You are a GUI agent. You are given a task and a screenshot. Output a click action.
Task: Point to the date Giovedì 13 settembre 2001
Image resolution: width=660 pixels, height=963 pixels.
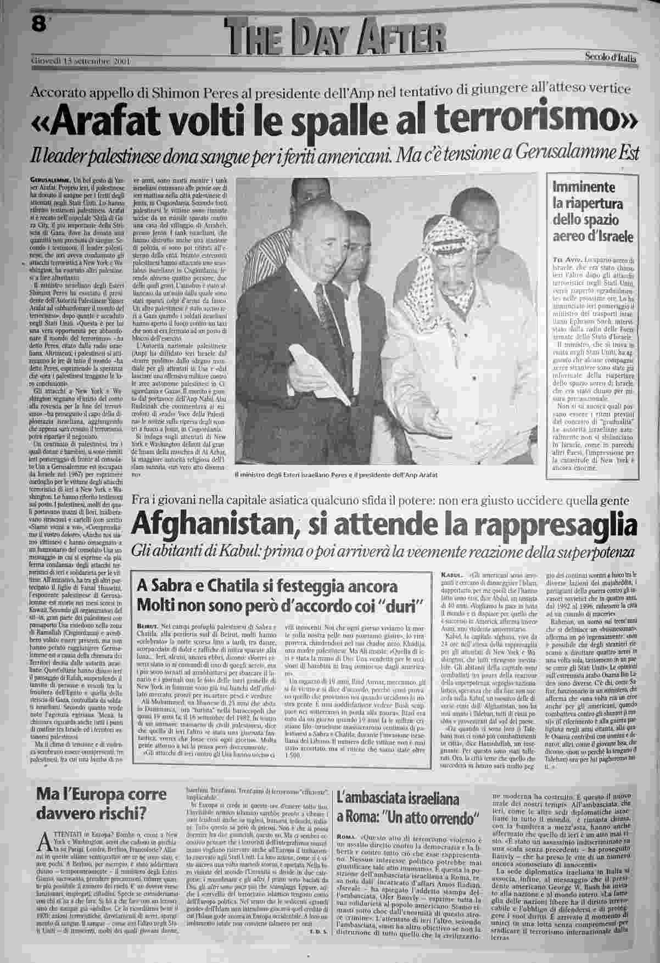tap(81, 61)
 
